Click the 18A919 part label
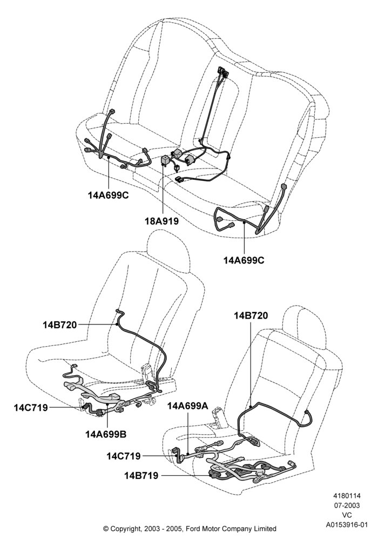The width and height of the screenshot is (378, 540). [x=161, y=221]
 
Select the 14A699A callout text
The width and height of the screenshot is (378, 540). [x=187, y=406]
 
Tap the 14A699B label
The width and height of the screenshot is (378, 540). [x=106, y=435]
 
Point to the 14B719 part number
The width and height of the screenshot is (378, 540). [x=141, y=476]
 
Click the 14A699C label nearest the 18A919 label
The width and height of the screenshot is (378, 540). [x=108, y=195]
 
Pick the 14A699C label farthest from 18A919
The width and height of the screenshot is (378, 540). [x=244, y=260]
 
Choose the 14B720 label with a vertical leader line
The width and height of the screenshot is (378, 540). [x=251, y=315]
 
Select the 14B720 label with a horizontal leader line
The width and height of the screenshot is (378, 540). [x=60, y=325]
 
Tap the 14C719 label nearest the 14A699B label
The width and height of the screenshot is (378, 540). [x=31, y=408]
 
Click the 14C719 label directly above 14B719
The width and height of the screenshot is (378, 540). [x=123, y=456]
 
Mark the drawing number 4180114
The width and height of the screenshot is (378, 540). [x=346, y=496]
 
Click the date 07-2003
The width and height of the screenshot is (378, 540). [x=347, y=505]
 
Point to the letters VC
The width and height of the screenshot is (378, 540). [x=347, y=515]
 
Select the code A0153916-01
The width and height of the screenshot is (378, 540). [x=347, y=525]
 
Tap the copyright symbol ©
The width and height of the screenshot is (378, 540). [x=106, y=529]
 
